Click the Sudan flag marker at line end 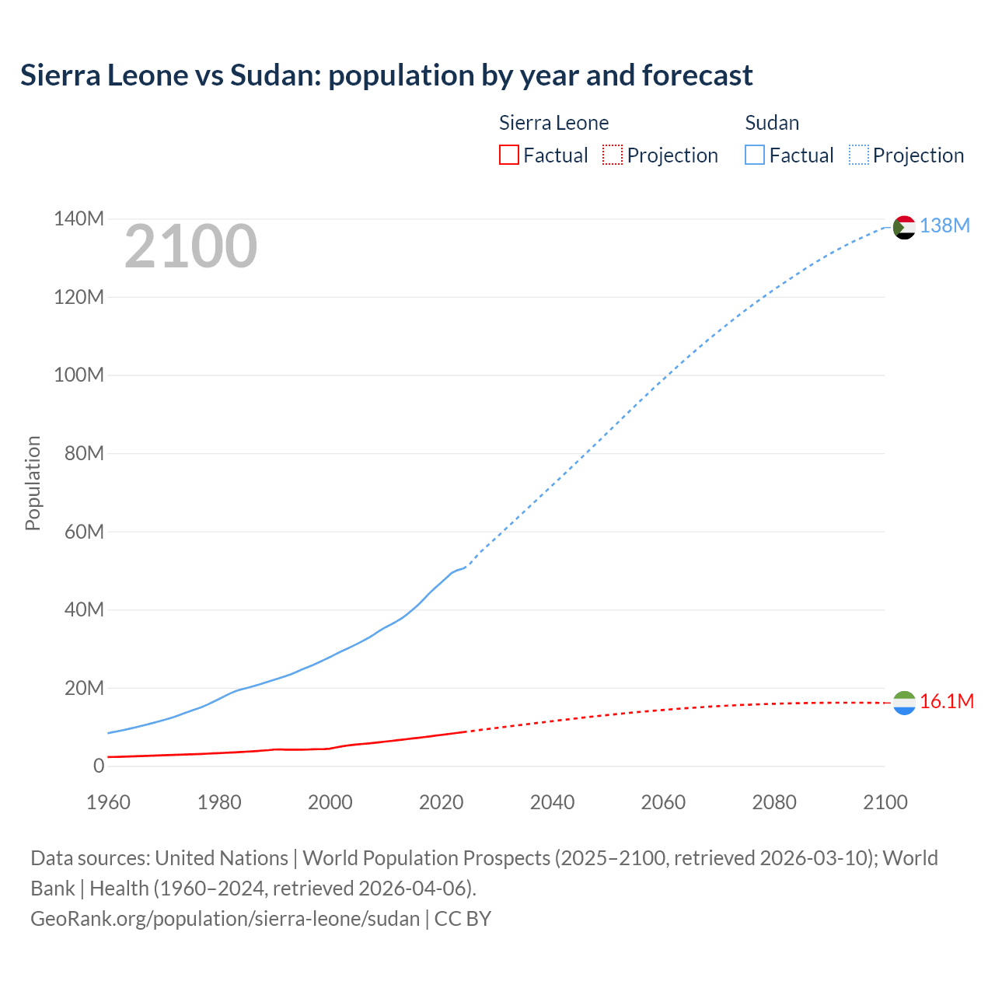point(904,227)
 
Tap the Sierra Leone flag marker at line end point(904,703)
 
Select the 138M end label point(944,225)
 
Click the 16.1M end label point(946,701)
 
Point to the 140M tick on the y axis point(79,218)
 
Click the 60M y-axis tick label point(83,532)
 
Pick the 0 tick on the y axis point(98,766)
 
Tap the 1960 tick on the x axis point(108,802)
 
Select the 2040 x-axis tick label point(552,802)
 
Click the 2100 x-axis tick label point(885,802)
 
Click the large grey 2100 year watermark point(190,246)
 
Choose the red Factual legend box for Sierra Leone point(508,155)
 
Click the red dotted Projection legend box point(613,155)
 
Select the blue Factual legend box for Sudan point(754,155)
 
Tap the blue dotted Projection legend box point(858,155)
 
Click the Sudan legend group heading point(771,123)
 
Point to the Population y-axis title point(33,483)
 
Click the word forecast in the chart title point(696,75)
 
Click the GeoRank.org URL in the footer point(225,918)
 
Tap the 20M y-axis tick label point(83,688)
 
